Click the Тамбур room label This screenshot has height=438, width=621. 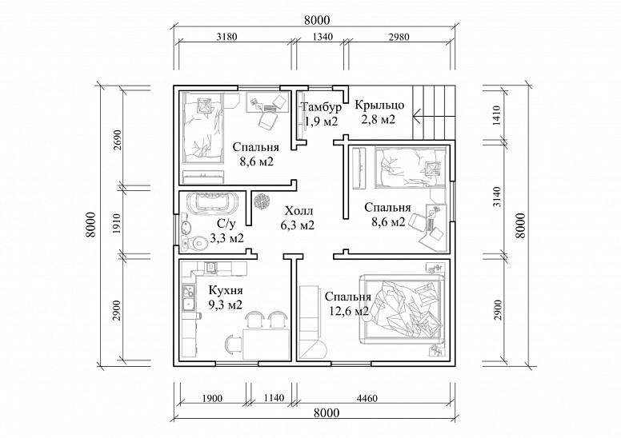coord(322,107)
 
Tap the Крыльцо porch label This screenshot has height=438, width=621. coord(379,106)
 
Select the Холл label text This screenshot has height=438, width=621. coord(298,210)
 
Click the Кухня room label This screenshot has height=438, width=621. coord(226,290)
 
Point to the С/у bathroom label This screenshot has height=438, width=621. coord(226,225)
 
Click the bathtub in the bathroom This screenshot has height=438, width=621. coord(210,202)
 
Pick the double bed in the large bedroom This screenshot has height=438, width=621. coord(403,309)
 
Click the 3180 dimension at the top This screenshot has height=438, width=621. coord(227,38)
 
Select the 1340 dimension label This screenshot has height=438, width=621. coord(323,38)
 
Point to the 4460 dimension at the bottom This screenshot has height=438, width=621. coord(367,398)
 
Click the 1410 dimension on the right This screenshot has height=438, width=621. coord(498,115)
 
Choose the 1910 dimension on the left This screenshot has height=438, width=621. coord(117,224)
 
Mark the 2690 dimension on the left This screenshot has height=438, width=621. coord(118,141)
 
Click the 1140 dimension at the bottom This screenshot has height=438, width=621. coord(274,398)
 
